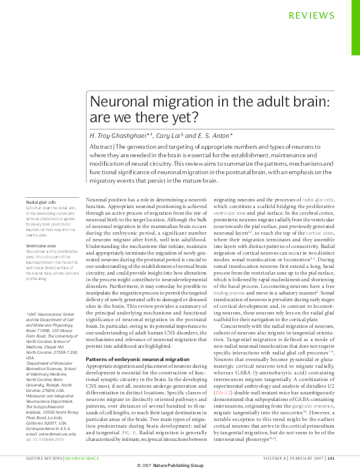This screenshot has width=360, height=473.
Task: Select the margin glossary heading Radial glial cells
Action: (x=41, y=202)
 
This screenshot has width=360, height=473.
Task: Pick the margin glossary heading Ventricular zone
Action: (x=41, y=246)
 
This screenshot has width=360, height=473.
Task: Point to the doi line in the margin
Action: (x=45, y=440)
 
